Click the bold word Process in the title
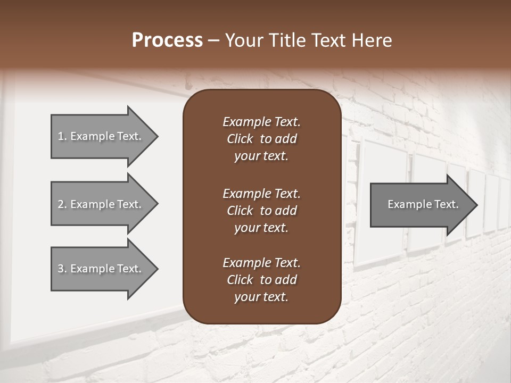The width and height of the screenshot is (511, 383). coord(167,40)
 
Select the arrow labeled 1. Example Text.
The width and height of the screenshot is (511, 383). coord(101,136)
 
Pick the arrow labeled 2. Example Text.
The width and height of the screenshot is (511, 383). coord(101,204)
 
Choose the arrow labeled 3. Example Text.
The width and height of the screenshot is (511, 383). coord(101,269)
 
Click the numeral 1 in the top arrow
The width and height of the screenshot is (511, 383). coord(61,136)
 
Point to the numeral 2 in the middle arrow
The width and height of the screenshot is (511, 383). coord(61,204)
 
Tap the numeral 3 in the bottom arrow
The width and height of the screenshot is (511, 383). coord(61,269)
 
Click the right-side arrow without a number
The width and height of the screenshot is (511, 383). coord(421,204)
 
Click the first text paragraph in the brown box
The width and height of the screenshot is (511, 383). coord(261,139)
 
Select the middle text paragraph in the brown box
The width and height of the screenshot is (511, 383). coord(261,211)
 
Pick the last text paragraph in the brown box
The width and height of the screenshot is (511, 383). coord(261,280)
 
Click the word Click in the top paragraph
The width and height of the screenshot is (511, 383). coord(240,139)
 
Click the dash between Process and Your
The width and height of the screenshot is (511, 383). coord(213,40)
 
